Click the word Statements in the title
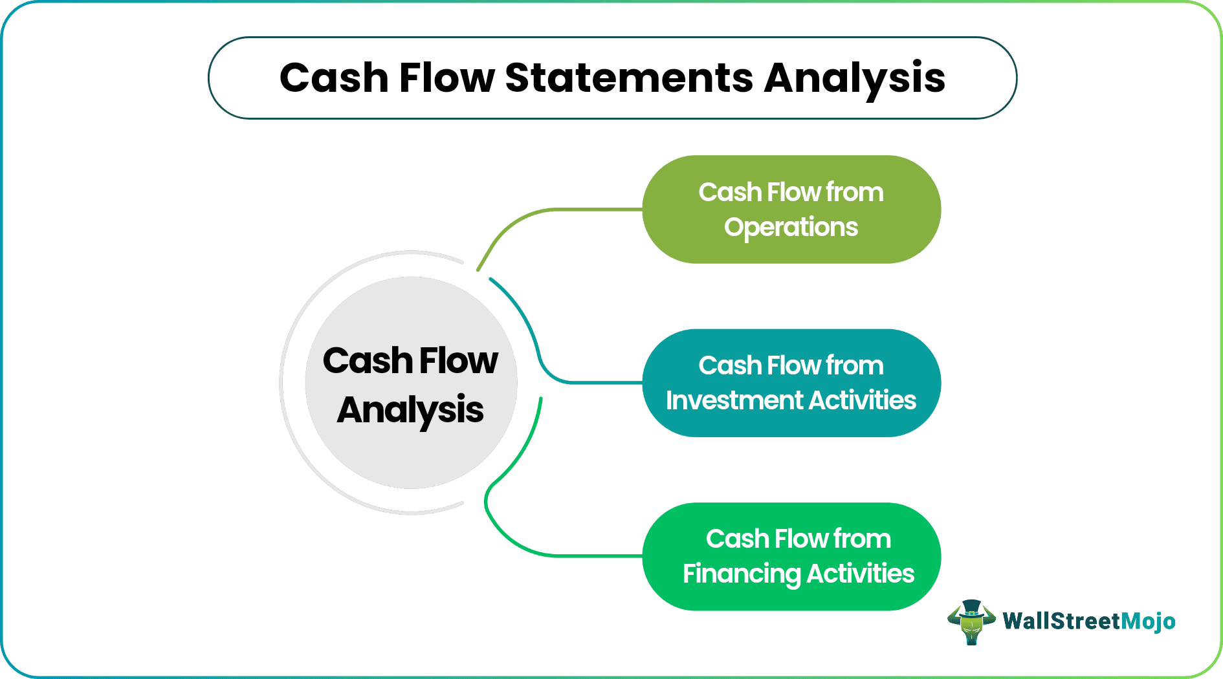click(x=628, y=78)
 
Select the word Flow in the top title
click(x=446, y=78)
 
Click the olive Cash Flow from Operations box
click(x=791, y=209)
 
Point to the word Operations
click(x=791, y=228)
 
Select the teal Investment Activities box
click(x=791, y=383)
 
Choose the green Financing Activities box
click(x=791, y=556)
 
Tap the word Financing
click(x=742, y=574)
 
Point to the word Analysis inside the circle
click(x=410, y=410)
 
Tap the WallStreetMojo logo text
click(x=1088, y=621)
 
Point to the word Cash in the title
click(x=334, y=78)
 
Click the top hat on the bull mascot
click(x=971, y=608)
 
